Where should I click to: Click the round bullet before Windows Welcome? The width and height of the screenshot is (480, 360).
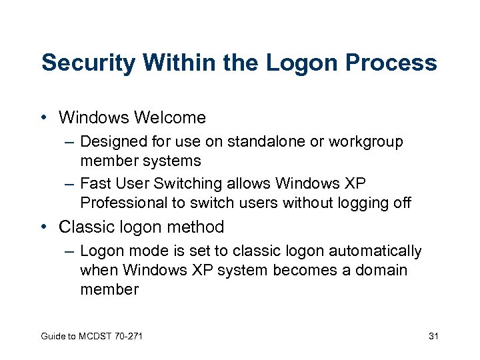pos(43,118)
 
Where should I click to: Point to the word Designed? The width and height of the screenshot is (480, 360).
pos(110,142)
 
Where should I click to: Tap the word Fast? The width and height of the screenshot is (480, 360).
pos(94,183)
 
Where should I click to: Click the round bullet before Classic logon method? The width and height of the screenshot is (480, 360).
pos(43,227)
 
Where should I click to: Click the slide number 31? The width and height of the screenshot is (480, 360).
pos(433,335)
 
